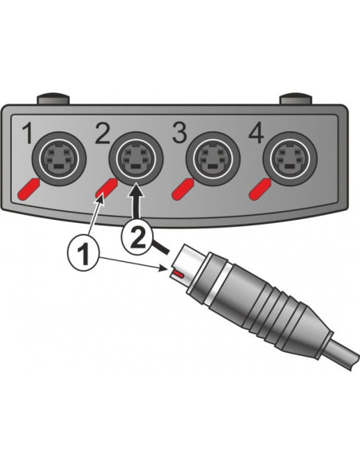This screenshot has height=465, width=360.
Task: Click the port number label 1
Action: pos(28,133)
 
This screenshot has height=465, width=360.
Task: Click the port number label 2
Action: pos(103,133)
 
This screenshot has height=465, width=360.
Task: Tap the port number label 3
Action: pos(180,133)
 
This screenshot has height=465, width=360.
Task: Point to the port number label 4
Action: pos(256,133)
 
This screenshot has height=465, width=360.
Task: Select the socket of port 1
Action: pos(59,158)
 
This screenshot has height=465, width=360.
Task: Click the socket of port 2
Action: pos(136,158)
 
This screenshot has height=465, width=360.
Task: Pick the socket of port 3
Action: pos(213,158)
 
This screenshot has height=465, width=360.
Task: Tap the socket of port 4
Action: pos(290,158)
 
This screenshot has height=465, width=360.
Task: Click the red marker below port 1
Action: pos(29,190)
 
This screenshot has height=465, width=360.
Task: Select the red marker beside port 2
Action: pos(106,189)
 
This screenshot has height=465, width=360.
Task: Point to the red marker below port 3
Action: pos(182,190)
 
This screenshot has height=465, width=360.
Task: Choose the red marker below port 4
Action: pos(260,190)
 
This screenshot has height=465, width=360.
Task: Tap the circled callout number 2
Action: pos(137,236)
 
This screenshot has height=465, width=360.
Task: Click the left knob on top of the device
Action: pos(53,99)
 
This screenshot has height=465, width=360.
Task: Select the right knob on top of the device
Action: pos(296,99)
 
